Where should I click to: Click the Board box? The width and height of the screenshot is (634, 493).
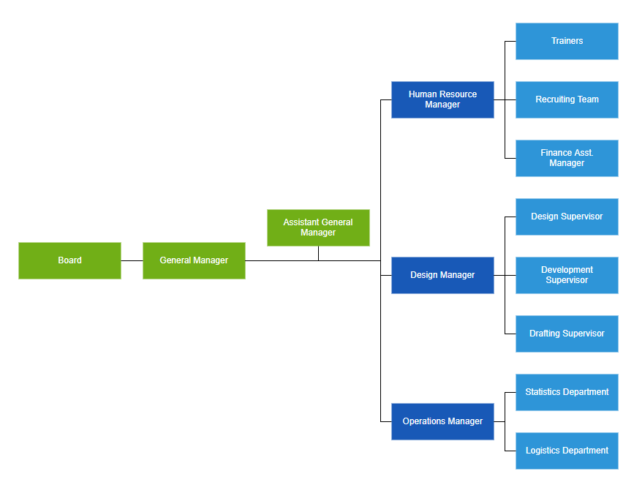tap(69, 260)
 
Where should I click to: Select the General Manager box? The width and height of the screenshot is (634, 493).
tap(194, 260)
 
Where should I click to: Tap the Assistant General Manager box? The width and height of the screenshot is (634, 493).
tap(318, 227)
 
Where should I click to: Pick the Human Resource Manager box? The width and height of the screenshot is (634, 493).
tap(442, 99)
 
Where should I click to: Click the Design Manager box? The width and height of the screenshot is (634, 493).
tap(442, 275)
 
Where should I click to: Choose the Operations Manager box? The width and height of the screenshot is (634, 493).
tap(442, 421)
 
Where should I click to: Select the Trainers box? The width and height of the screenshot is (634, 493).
tap(567, 41)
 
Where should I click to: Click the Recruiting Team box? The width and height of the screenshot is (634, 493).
tap(567, 99)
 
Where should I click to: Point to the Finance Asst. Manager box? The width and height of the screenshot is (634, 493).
tap(567, 158)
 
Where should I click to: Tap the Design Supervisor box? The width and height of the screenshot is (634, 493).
tap(567, 217)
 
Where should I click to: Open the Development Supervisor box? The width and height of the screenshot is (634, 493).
tap(567, 275)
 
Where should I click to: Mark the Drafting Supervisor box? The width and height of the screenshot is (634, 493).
tap(567, 334)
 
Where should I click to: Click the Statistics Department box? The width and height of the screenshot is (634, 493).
tap(567, 392)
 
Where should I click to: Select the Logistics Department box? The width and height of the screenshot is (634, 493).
tap(567, 451)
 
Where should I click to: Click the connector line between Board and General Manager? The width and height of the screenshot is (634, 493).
tap(132, 260)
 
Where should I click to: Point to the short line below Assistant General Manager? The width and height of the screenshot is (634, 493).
tap(318, 253)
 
